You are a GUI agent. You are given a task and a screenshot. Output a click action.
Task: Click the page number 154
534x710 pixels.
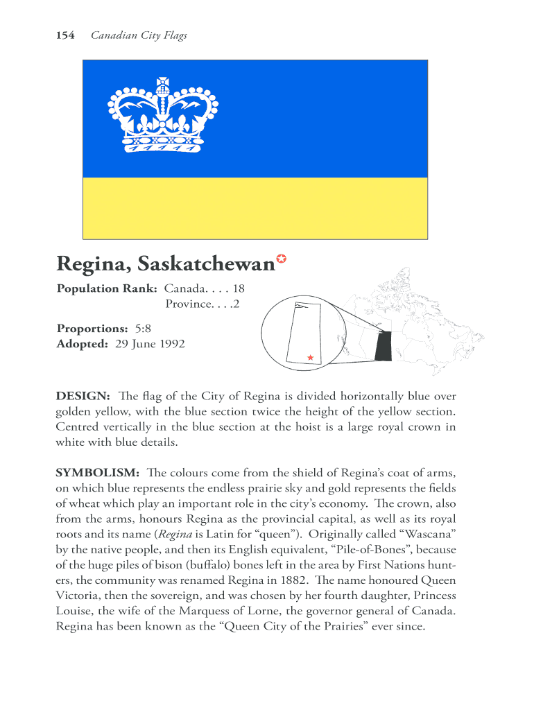pyautogui.click(x=65, y=35)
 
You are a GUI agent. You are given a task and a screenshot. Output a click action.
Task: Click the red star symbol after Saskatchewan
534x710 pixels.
pyautogui.click(x=282, y=259)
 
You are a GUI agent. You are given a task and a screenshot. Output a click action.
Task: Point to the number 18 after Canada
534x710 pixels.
pyautogui.click(x=239, y=288)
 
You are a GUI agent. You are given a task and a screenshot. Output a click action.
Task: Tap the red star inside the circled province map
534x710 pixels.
pyautogui.click(x=310, y=358)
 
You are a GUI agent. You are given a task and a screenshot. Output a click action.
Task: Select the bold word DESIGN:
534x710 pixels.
pyautogui.click(x=83, y=397)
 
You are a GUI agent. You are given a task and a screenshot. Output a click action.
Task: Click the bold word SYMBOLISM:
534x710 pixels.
pyautogui.click(x=98, y=473)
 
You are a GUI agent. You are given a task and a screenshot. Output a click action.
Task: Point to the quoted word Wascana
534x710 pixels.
pyautogui.click(x=427, y=534)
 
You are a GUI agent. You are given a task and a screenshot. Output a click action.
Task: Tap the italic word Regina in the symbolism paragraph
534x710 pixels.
pyautogui.click(x=173, y=534)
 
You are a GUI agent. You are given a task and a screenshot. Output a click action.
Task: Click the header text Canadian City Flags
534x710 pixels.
pyautogui.click(x=139, y=35)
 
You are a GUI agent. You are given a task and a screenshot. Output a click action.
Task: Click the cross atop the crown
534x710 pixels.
pyautogui.click(x=163, y=83)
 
